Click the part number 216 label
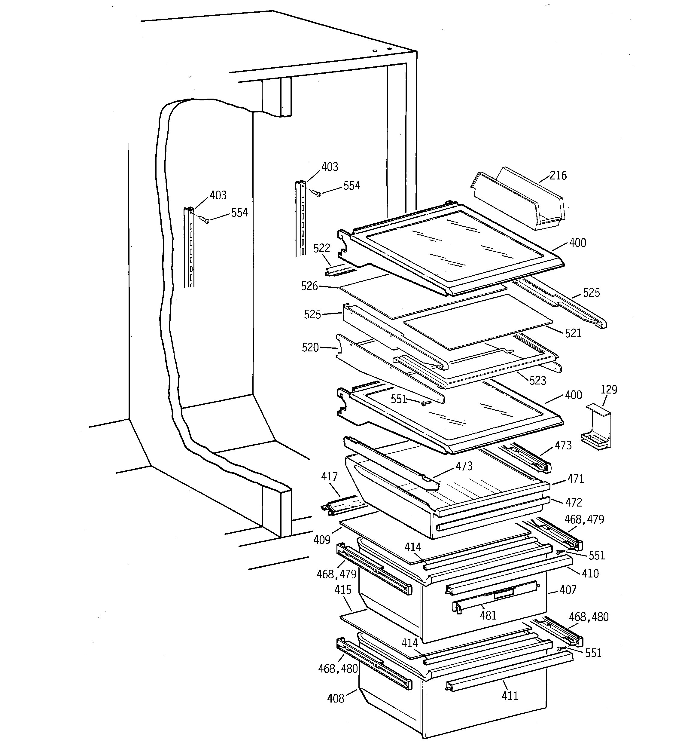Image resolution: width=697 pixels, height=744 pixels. [x=558, y=175]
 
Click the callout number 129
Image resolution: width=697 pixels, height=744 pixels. [x=609, y=390]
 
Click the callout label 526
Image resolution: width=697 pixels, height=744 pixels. [x=309, y=286]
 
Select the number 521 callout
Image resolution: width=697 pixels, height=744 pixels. [x=573, y=333]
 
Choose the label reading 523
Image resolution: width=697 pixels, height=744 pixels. [x=538, y=381]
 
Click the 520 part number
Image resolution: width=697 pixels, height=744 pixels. [x=310, y=348]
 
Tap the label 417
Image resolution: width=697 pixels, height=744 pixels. [x=329, y=476]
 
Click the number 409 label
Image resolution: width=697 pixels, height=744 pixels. [x=322, y=540]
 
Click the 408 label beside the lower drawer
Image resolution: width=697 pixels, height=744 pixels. [x=336, y=698]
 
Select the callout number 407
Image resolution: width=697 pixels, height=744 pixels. [x=568, y=590]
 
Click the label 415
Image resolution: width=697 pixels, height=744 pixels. [x=343, y=590]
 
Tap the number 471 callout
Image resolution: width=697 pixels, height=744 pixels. [x=575, y=479]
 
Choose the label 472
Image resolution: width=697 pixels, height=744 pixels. [x=574, y=502]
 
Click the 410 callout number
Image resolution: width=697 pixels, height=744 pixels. [x=590, y=573]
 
